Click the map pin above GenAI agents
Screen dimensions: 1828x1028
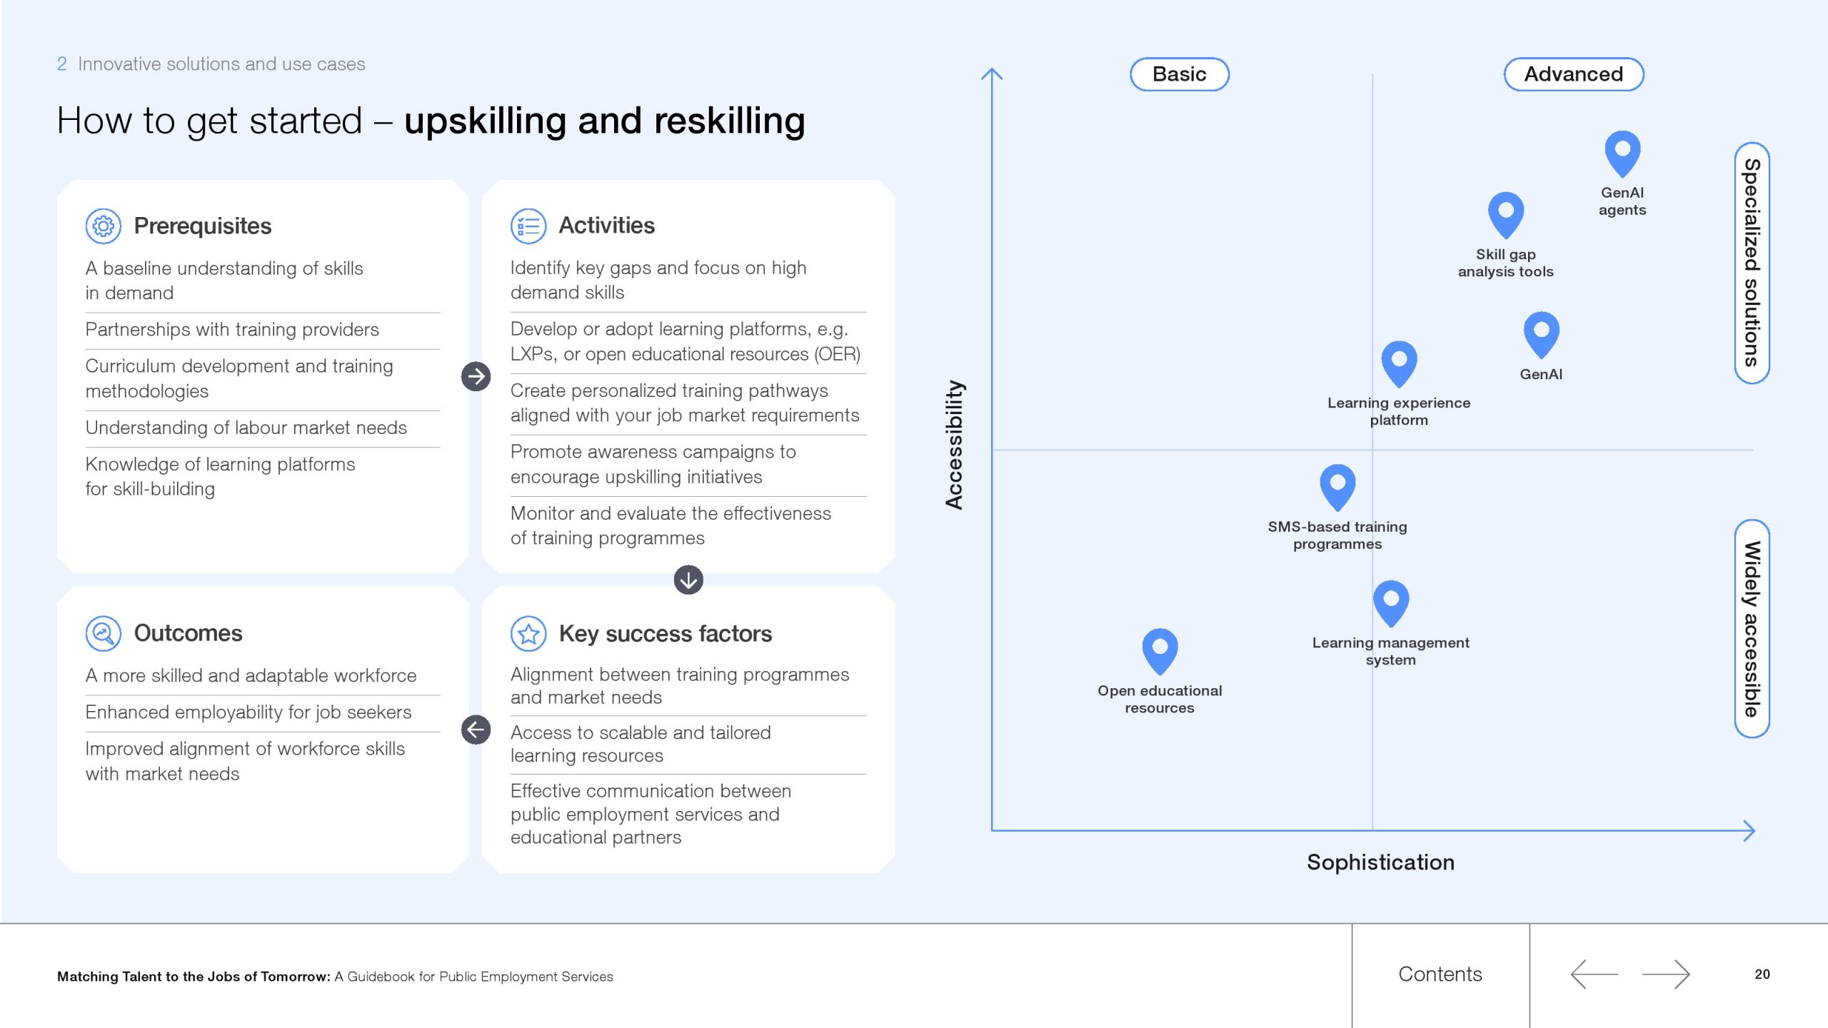(1622, 152)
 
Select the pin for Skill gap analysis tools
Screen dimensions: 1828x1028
(1506, 213)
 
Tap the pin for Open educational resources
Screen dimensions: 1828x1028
(1160, 650)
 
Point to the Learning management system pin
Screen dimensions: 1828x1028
(1391, 602)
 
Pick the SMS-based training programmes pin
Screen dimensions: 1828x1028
(1337, 486)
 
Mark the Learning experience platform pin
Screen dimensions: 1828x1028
(1399, 363)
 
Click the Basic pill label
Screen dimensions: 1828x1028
(1180, 74)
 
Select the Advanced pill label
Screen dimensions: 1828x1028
(1574, 74)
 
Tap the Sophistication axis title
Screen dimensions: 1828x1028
(1380, 862)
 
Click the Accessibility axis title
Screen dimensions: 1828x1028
(954, 445)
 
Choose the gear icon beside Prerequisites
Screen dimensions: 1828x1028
(104, 226)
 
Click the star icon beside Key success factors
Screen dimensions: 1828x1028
(528, 634)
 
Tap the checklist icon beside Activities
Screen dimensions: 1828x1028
(528, 226)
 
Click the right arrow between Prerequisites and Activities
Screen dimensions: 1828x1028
(476, 376)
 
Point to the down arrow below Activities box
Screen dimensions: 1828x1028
(688, 580)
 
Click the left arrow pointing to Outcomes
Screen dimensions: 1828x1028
(476, 730)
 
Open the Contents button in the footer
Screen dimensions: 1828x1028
(1440, 974)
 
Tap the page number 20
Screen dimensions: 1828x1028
(1762, 974)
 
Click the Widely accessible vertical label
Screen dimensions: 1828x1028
(1752, 629)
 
